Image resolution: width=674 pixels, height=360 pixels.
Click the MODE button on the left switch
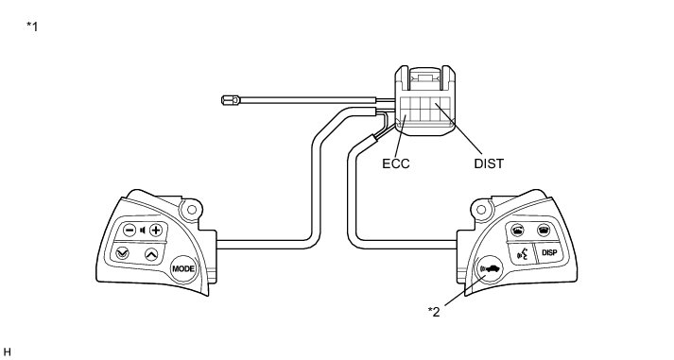coord(183,269)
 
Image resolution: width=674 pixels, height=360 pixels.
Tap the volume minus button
coord(130,231)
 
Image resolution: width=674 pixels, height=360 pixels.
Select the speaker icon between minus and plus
coord(143,231)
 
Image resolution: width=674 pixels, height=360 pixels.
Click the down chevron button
coord(123,253)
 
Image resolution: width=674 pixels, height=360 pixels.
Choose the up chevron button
coord(151,254)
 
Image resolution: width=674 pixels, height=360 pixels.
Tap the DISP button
coord(549,252)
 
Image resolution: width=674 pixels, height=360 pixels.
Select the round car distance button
coord(490,269)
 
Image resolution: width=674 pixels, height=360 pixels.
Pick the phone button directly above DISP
coord(544,231)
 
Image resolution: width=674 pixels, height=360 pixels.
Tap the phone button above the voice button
coord(517,231)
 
